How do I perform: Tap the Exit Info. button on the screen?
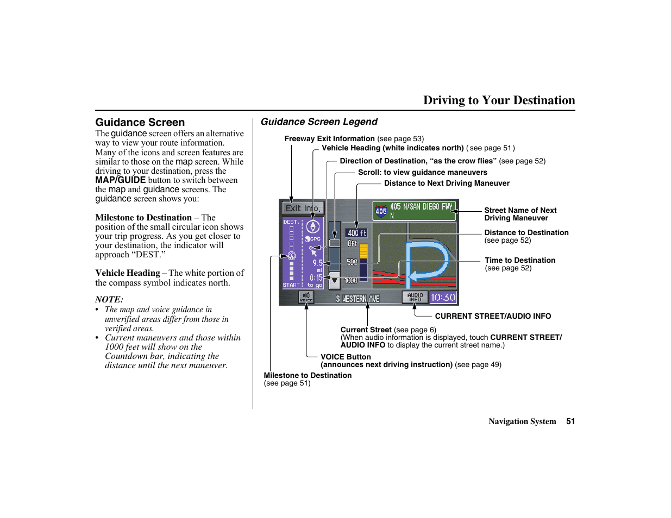[303, 209]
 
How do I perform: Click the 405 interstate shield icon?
[381, 211]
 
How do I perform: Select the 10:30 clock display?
[443, 298]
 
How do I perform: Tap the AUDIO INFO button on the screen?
[415, 298]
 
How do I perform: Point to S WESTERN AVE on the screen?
[358, 299]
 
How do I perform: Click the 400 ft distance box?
[356, 233]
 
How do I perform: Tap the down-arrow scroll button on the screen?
[335, 280]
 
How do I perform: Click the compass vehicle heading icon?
[313, 227]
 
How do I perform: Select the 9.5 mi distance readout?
[317, 265]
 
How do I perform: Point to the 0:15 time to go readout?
[316, 277]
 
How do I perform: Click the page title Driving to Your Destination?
[499, 100]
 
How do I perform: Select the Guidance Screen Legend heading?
[319, 122]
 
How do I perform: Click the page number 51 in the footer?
[570, 421]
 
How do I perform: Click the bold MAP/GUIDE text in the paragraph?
[121, 180]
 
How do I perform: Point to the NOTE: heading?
[109, 299]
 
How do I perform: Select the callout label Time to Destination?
[520, 261]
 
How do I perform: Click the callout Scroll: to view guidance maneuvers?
[423, 173]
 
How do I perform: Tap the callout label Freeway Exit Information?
[329, 139]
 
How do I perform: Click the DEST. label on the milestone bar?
[291, 222]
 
